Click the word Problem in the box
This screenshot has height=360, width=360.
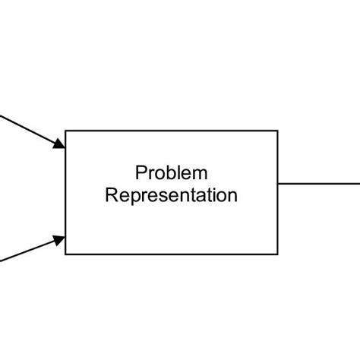click(x=171, y=173)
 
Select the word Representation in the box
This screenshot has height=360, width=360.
click(x=171, y=195)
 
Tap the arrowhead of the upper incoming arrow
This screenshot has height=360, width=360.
click(x=59, y=143)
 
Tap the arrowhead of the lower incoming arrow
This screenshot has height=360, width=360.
click(x=59, y=240)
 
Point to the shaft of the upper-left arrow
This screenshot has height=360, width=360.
click(x=27, y=128)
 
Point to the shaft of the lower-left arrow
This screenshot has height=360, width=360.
click(x=27, y=251)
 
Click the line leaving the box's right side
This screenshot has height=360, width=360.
click(x=319, y=183)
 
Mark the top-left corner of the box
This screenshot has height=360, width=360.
click(x=66, y=131)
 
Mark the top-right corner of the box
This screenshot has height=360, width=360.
click(x=278, y=131)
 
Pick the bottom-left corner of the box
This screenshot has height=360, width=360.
click(x=66, y=254)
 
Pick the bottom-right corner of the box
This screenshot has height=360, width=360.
click(x=278, y=254)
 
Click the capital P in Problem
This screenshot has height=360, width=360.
click(x=141, y=173)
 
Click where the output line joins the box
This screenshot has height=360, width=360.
click(x=279, y=183)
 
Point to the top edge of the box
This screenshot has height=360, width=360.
click(x=172, y=131)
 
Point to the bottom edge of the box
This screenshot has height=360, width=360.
click(x=172, y=254)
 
